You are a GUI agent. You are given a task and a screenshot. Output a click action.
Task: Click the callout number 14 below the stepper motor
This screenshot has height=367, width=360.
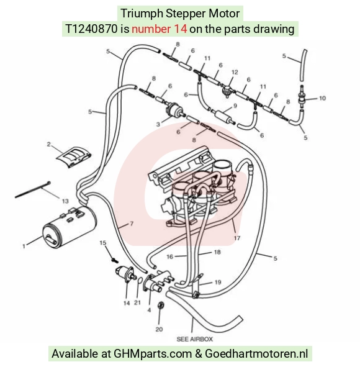[x=127, y=303]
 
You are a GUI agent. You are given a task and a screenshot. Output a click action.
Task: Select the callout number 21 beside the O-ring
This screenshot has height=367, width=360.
[x=137, y=302]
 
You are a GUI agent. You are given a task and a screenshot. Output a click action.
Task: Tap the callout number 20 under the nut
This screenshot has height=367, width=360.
[x=159, y=329]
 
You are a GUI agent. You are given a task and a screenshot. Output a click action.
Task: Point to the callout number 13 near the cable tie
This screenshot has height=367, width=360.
[x=65, y=201]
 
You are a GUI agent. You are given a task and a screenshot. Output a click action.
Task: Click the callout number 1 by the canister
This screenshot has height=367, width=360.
[x=24, y=246]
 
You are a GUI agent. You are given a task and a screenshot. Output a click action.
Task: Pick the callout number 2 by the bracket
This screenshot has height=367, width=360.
[x=48, y=144]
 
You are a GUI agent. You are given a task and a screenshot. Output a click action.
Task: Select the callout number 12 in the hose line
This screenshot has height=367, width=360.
[x=235, y=72]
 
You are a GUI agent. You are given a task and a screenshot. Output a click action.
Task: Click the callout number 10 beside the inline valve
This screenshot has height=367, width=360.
[x=322, y=98]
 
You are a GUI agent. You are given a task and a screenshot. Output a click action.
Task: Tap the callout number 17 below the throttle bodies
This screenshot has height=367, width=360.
[x=237, y=238]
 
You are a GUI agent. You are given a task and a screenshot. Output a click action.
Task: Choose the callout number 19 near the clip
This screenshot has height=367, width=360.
[x=218, y=283]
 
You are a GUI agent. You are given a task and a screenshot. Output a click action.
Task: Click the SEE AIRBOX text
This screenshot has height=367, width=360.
[x=195, y=339]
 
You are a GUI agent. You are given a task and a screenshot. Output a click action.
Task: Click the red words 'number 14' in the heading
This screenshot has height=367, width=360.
[x=160, y=29]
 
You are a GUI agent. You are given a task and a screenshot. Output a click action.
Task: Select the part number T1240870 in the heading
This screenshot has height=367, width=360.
[x=91, y=29]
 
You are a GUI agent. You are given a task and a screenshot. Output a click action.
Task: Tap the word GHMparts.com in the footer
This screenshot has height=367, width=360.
[x=153, y=353]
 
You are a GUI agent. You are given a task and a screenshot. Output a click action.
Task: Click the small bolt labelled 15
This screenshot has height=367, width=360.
[x=115, y=260]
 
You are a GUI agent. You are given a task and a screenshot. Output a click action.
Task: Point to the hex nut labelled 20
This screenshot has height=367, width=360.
[x=161, y=305]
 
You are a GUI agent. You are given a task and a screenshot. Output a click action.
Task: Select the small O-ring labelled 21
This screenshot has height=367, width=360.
[x=140, y=280]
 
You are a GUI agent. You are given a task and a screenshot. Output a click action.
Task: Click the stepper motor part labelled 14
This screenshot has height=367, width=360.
[x=126, y=273]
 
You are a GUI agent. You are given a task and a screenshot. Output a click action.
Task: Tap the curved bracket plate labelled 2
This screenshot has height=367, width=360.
[x=74, y=157]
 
